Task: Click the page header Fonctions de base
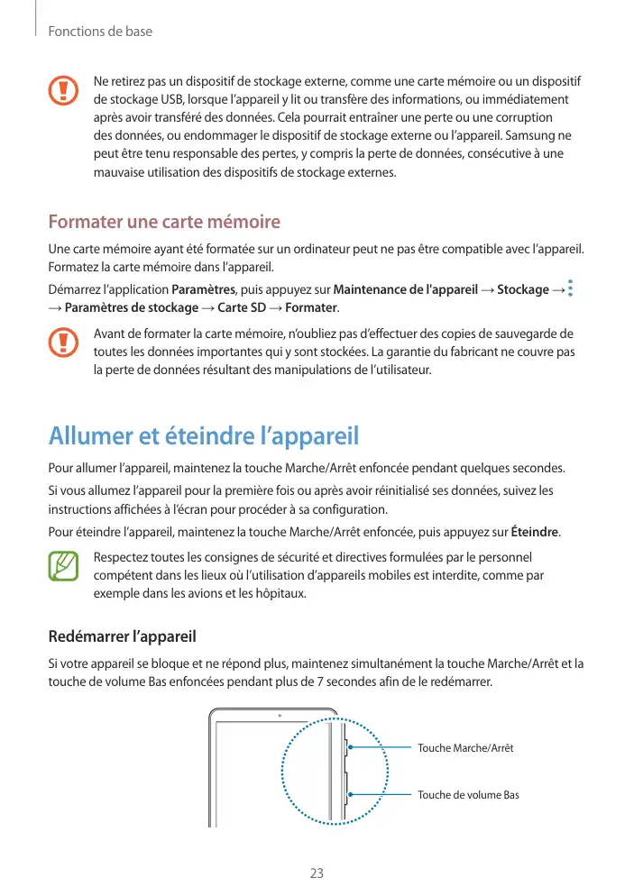pyautogui.click(x=100, y=32)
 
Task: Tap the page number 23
pyautogui.click(x=317, y=873)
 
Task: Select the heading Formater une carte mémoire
pyautogui.click(x=164, y=222)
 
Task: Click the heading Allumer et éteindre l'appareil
pyautogui.click(x=204, y=437)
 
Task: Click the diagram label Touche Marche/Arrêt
pyautogui.click(x=465, y=748)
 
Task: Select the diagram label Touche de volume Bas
pyautogui.click(x=468, y=795)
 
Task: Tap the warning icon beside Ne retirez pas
pyautogui.click(x=64, y=91)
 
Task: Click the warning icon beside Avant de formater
pyautogui.click(x=64, y=343)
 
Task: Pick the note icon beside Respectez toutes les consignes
pyautogui.click(x=64, y=565)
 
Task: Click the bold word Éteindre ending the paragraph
pyautogui.click(x=535, y=530)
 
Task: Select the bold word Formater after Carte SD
pyautogui.click(x=311, y=308)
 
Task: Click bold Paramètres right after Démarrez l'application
pyautogui.click(x=203, y=289)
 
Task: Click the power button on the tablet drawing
pyautogui.click(x=345, y=747)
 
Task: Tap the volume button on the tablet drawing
pyautogui.click(x=345, y=793)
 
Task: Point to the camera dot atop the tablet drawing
pyautogui.click(x=279, y=716)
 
